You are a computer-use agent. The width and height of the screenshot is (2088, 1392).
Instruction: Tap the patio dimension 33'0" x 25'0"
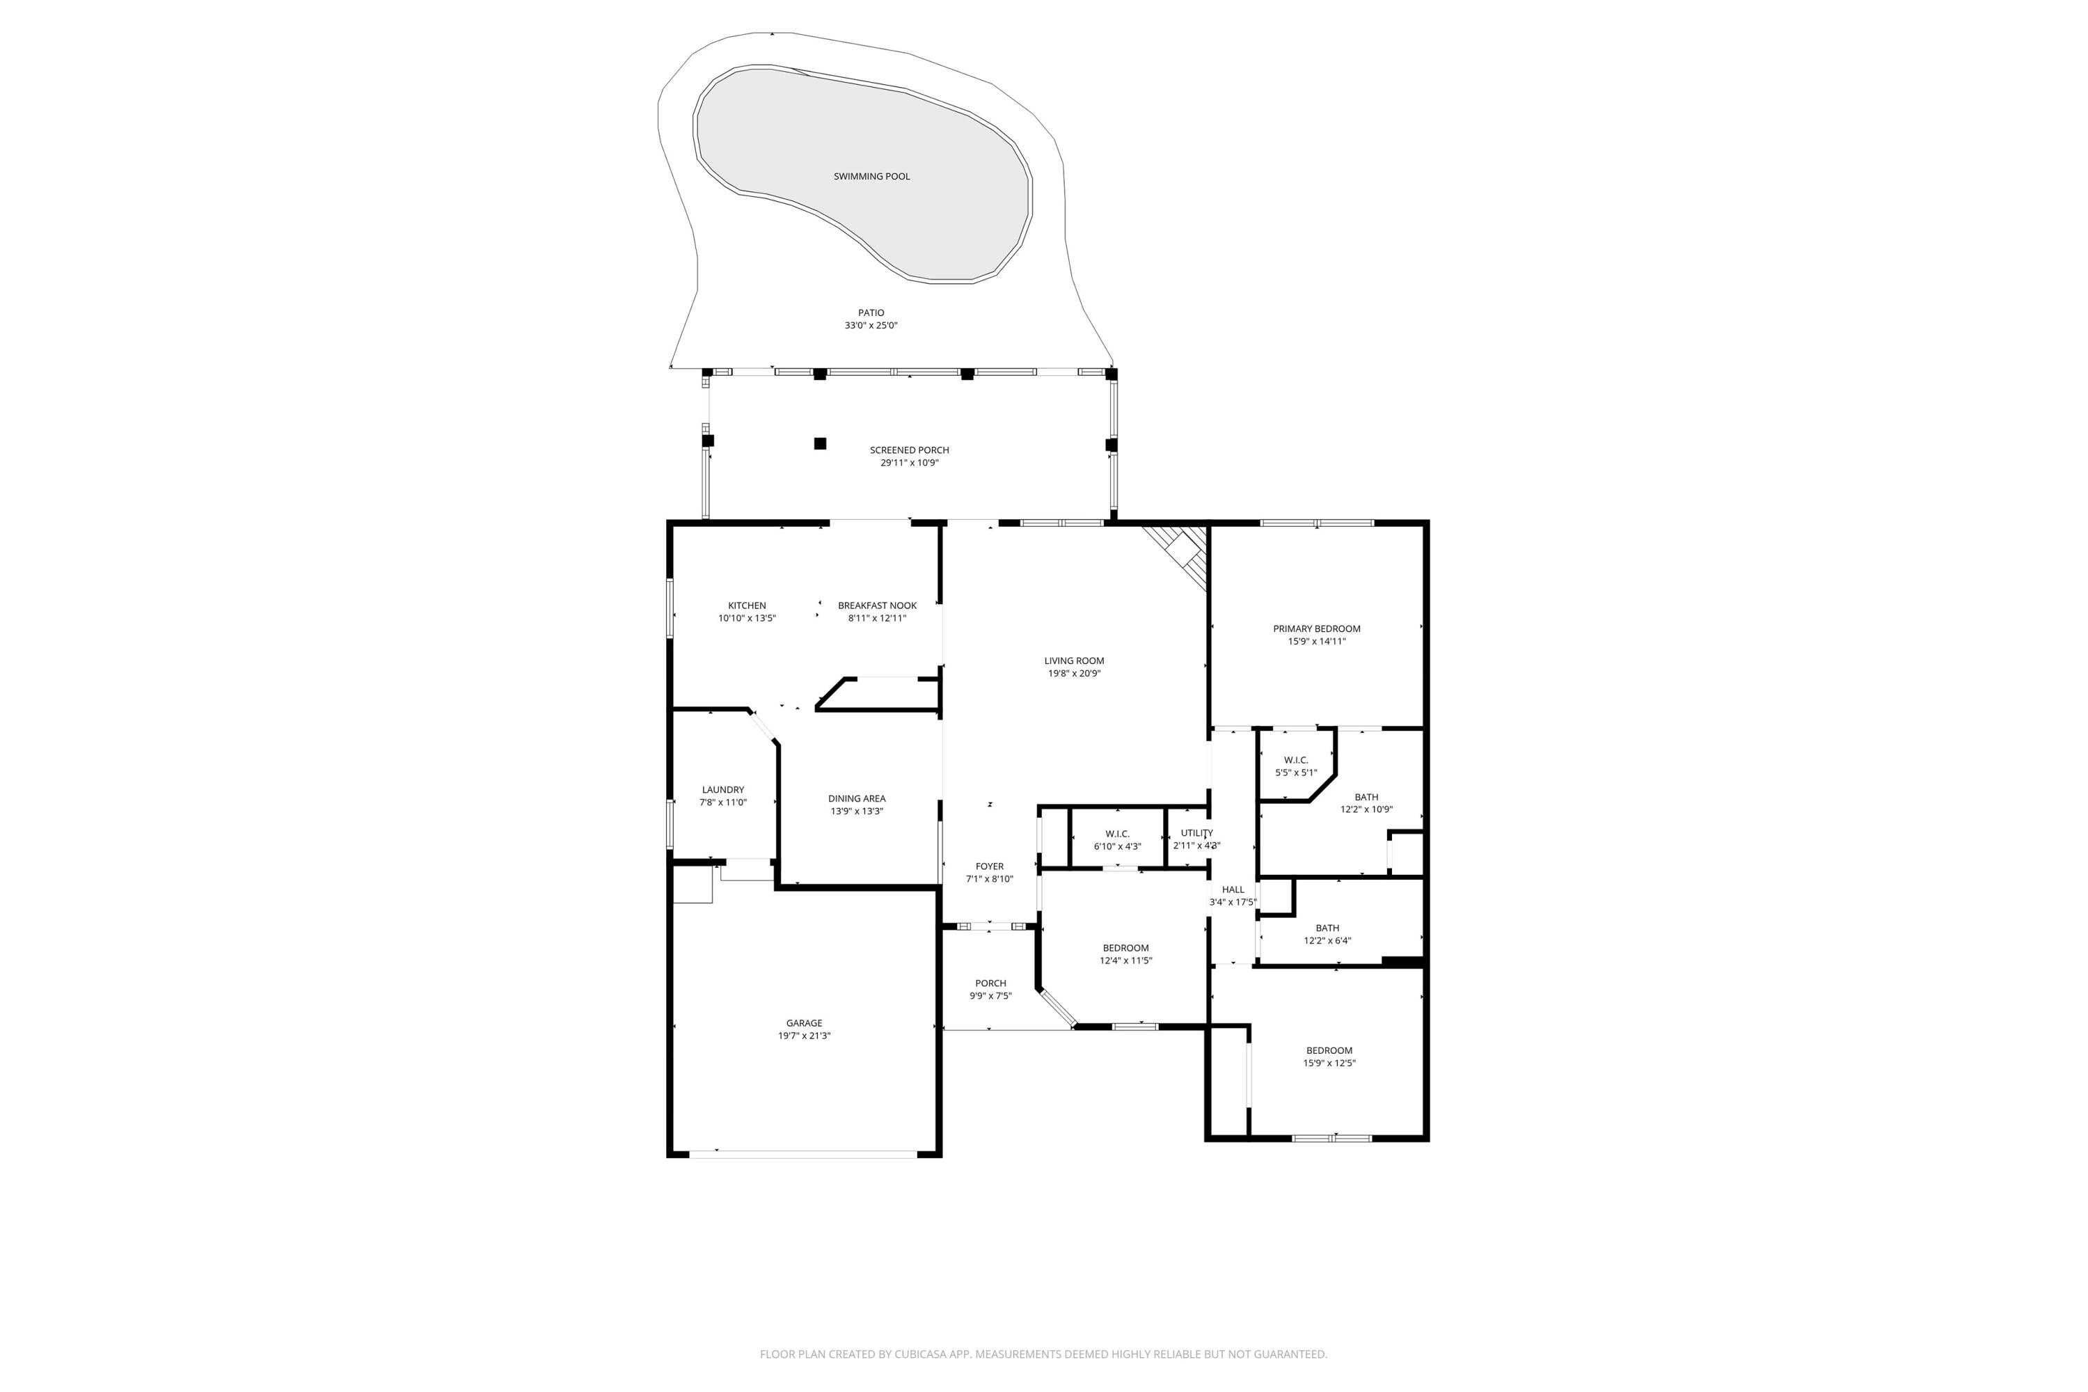click(871, 326)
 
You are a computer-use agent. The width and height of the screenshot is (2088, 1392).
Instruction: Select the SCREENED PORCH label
click(909, 450)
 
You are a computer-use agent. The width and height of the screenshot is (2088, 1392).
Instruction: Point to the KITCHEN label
click(747, 606)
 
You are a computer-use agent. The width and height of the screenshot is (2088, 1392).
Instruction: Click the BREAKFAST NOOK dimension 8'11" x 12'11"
click(877, 619)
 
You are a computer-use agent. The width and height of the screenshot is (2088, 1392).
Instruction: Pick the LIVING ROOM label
click(1074, 661)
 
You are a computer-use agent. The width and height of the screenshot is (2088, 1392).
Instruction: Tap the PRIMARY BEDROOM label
click(1317, 628)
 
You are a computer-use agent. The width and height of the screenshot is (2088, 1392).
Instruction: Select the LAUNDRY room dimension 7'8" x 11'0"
click(722, 802)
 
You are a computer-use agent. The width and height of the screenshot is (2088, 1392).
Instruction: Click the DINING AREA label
click(857, 798)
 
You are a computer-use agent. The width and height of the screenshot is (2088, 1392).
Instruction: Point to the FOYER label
click(989, 867)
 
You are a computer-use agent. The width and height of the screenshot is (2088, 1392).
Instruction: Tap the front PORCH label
click(990, 983)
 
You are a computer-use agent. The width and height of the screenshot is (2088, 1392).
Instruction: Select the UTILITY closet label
click(1196, 832)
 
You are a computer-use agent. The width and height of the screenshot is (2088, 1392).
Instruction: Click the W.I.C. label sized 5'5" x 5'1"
click(1296, 760)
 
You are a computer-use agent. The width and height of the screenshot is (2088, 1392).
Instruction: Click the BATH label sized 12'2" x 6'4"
click(1327, 928)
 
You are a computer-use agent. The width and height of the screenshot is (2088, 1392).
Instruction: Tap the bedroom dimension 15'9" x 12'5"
click(1329, 1063)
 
